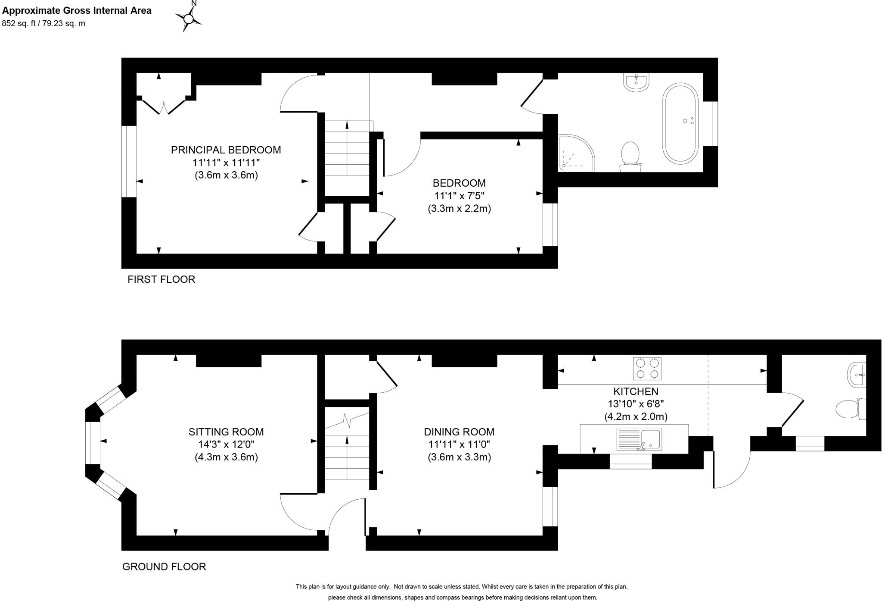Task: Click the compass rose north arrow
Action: pos(188,18)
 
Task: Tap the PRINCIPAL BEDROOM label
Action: pos(226,150)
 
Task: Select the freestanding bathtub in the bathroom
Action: pos(681,122)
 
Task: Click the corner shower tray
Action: pos(575,153)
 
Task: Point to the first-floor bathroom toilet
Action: pos(630,155)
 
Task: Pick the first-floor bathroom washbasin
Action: pos(636,82)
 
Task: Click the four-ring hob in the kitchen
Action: pos(647,369)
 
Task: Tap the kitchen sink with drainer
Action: pos(639,439)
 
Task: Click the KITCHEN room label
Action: pos(636,391)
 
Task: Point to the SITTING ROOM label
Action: pos(226,432)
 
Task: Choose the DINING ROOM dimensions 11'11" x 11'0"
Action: pos(459,444)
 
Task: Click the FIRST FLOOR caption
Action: pos(161,279)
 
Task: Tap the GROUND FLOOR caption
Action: pos(164,567)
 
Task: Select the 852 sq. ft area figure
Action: pos(43,24)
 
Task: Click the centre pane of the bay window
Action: pos(93,443)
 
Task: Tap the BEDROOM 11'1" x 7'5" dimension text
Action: pos(459,196)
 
